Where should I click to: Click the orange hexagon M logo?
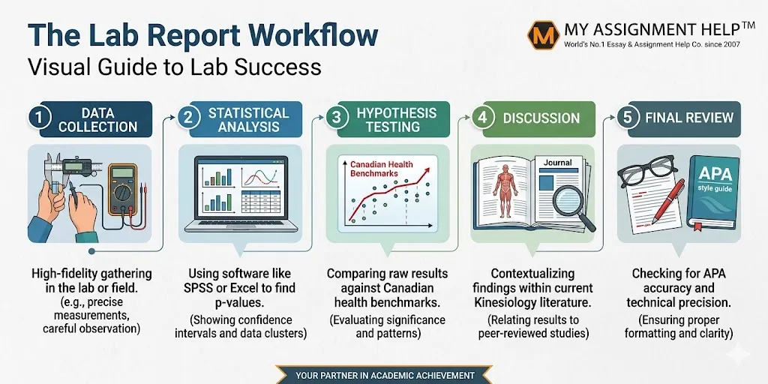point(544,35)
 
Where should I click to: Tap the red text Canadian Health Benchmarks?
point(374,169)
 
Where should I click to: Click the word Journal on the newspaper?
point(557,163)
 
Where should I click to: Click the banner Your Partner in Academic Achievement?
point(385,376)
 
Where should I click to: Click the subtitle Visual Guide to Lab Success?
point(174,66)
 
